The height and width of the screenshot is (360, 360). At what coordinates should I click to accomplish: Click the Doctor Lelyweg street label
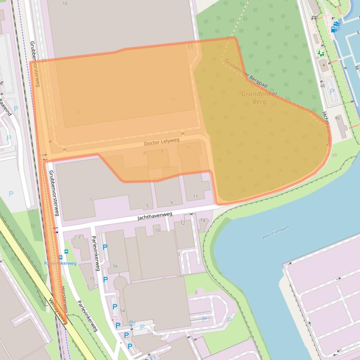point(162,141)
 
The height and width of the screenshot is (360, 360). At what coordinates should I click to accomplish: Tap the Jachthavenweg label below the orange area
point(155,216)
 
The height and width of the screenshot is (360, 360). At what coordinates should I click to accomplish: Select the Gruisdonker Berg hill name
point(259,97)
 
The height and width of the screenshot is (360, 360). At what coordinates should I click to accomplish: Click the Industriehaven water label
point(275,232)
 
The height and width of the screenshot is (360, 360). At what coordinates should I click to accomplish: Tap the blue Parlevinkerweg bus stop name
point(60,263)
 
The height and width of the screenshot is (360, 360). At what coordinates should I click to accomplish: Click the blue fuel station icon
point(335,27)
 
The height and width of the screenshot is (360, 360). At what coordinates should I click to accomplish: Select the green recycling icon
point(320,53)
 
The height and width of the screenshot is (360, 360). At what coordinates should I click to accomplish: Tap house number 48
point(323,86)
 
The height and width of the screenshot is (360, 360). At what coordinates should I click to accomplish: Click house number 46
point(337,118)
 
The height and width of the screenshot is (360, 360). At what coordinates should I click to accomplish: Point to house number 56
point(115,266)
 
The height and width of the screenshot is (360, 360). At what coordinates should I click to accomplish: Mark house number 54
point(123,311)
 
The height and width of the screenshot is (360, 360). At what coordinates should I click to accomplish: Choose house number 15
point(92,279)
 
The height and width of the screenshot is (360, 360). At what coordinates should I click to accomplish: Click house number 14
point(203,220)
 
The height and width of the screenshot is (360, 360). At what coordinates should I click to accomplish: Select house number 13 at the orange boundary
point(190,46)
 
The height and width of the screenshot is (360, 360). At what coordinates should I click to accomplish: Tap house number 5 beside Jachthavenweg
point(147,206)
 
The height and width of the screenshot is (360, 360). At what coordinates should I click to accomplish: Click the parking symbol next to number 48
point(332,91)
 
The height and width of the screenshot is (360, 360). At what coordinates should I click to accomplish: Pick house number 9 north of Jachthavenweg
point(171,202)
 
